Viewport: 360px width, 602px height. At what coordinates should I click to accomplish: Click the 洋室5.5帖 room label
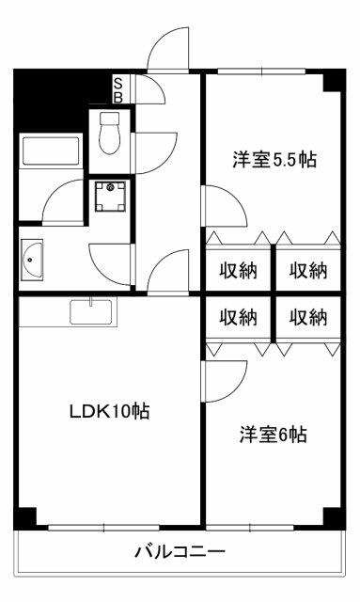pos(274,161)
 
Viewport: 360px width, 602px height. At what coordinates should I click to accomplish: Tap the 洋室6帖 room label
pos(273,436)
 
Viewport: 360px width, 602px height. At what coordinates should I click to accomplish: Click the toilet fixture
pos(110,133)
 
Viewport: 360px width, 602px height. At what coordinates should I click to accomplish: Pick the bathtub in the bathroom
pos(53,153)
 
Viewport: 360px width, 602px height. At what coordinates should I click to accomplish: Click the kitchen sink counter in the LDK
pos(91,310)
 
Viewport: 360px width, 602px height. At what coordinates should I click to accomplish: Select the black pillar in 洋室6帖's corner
pos(332,516)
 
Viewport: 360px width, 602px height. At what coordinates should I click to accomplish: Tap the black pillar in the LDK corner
pos(26,516)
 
